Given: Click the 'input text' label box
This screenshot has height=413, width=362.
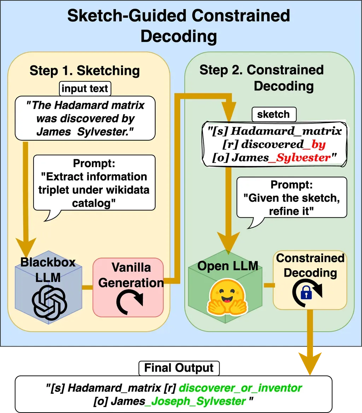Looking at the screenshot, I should pos(85,88).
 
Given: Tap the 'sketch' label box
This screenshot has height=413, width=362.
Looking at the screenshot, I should pos(273,114).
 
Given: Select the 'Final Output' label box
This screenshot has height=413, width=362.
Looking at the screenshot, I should pos(179,368).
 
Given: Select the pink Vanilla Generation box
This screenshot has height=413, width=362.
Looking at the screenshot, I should pos(128,287).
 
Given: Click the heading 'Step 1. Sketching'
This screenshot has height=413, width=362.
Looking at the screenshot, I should pos(85,71).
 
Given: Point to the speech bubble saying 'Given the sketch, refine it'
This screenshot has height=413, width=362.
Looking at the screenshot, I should pos(292,198).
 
